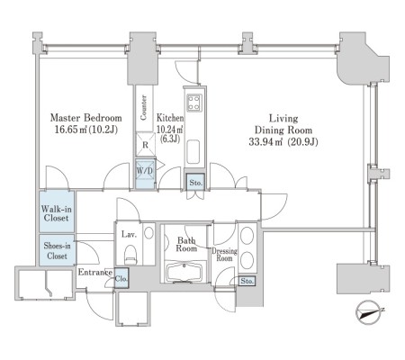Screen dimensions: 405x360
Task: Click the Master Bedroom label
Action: coord(86,118)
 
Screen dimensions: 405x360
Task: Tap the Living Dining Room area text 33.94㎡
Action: coord(265,141)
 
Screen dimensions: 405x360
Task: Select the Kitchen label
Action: coord(170,118)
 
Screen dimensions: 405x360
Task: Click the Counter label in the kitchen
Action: coord(144,108)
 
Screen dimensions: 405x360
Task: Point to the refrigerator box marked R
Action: coord(145,145)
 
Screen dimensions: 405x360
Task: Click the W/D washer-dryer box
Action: coord(145,174)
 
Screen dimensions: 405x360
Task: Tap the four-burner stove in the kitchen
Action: coord(194,102)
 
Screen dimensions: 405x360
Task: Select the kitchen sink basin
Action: coord(193,152)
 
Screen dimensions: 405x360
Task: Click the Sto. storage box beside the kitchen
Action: coord(195,182)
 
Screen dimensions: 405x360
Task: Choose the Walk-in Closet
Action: coord(57,212)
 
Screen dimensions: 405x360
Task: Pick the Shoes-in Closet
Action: coord(57,250)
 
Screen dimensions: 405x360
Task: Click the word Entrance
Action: coord(95,273)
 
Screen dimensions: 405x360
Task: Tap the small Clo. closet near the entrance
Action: coord(121,278)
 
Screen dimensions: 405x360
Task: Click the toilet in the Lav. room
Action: coord(130,255)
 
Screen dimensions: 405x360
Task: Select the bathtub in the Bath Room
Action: coord(186,272)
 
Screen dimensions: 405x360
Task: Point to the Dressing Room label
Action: coord(224,255)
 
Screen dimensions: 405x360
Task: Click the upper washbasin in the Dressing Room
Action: coord(247,235)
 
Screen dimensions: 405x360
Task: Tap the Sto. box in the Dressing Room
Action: coord(247,281)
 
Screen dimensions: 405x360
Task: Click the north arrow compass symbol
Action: coord(369,312)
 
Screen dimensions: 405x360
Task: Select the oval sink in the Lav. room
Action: coord(148,232)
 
